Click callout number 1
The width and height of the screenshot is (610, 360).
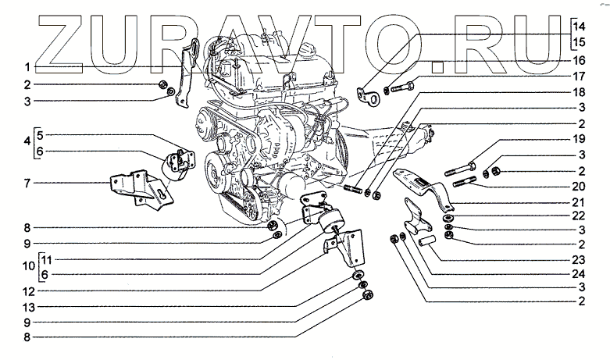26,67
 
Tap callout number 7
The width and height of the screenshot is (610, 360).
26,184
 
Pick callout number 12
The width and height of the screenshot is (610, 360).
26,290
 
